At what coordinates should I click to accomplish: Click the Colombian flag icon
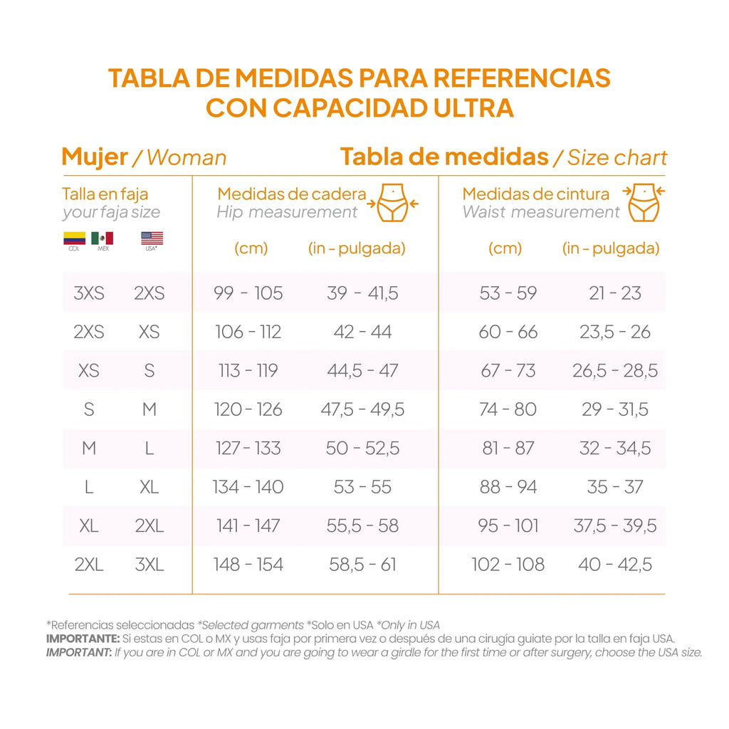[x=74, y=238]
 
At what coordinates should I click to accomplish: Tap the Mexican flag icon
[x=102, y=238]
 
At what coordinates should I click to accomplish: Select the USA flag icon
[x=152, y=238]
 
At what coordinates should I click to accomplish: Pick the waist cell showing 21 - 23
[x=615, y=293]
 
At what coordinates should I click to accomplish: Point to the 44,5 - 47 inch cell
[x=362, y=370]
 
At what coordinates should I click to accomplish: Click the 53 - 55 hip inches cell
[x=362, y=487]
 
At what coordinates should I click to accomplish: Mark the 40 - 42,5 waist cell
[x=615, y=565]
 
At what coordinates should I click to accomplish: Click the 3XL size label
[x=150, y=565]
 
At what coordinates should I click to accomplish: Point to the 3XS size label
[x=89, y=293]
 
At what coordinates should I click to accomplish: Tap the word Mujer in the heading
[x=95, y=157]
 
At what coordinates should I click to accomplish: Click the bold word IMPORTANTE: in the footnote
[x=80, y=639]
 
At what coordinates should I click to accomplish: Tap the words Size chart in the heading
[x=617, y=157]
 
